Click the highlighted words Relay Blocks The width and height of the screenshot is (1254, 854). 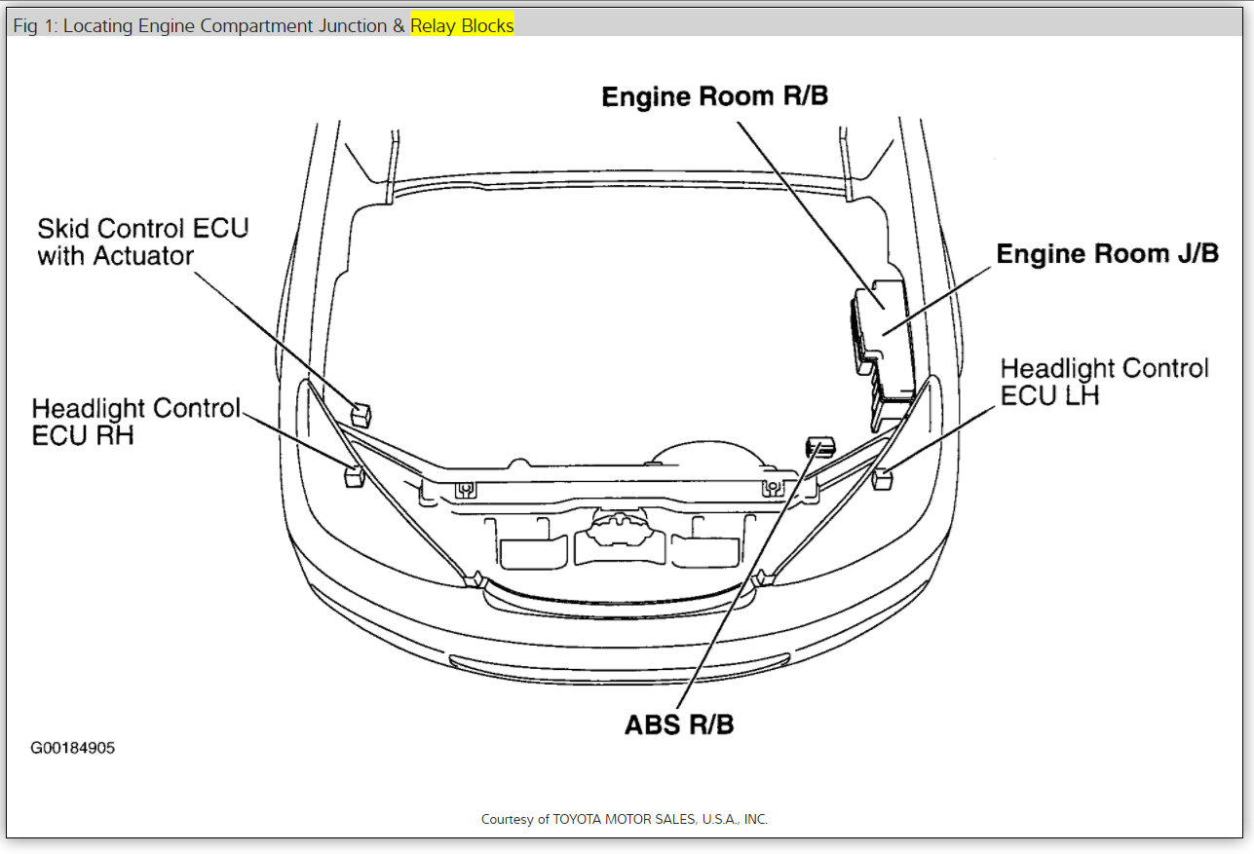click(x=462, y=26)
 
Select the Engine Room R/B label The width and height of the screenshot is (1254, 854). click(x=714, y=96)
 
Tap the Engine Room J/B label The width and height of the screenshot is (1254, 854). click(x=1107, y=254)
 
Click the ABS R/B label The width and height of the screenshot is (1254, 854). click(x=679, y=725)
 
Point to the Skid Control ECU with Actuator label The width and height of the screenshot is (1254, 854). click(x=143, y=241)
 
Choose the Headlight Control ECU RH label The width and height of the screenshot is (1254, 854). click(x=135, y=421)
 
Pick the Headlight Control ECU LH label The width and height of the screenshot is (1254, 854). click(x=1104, y=382)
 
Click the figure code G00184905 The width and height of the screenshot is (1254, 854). click(x=72, y=749)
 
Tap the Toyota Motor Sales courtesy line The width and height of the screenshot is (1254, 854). click(x=625, y=819)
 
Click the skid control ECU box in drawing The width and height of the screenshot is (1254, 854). click(x=361, y=414)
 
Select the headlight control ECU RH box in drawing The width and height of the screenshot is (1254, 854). click(x=354, y=476)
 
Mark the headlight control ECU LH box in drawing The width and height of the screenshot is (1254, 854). click(x=883, y=477)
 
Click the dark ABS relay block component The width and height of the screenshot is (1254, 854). click(x=819, y=446)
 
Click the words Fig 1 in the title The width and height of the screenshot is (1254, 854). click(x=34, y=26)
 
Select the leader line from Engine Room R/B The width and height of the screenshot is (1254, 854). click(x=809, y=204)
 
